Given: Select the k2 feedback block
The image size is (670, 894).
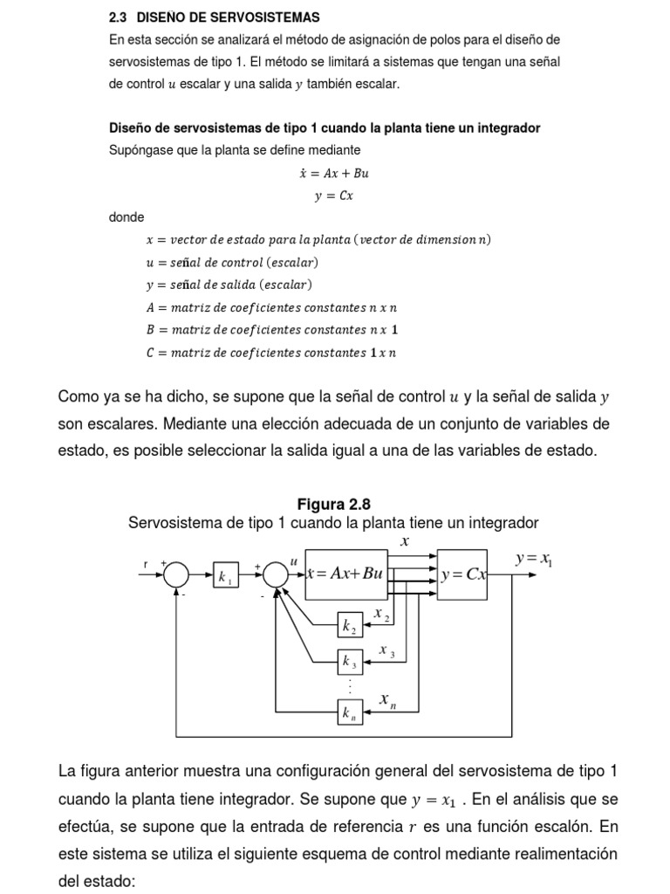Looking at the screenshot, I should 350,624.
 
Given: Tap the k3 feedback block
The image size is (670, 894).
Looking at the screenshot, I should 350,662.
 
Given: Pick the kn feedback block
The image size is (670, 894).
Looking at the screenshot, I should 350,713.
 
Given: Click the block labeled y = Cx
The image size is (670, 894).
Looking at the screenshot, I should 463,574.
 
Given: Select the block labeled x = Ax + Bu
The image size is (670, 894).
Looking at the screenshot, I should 345,574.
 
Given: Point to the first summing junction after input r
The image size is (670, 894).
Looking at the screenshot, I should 176,574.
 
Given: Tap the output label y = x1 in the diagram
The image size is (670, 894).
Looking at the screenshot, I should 534,559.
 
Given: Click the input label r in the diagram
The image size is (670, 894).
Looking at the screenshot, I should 146,565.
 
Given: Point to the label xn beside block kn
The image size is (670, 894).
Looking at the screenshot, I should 387,700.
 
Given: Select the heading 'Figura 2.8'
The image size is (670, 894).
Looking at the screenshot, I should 334,504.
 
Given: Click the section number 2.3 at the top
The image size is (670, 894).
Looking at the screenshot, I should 119,17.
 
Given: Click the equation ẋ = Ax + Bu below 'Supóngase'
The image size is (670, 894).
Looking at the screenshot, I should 333,173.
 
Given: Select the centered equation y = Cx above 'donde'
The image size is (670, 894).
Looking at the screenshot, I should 333,196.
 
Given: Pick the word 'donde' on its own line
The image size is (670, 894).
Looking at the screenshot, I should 126,217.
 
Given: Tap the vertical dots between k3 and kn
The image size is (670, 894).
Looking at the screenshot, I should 350,687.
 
